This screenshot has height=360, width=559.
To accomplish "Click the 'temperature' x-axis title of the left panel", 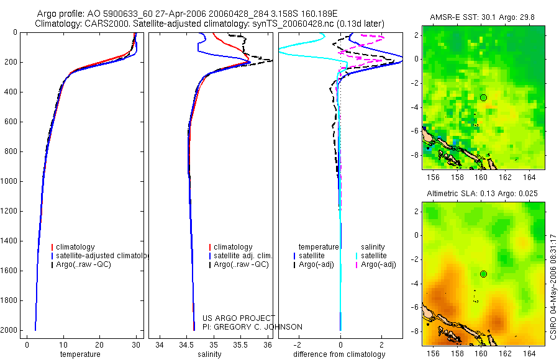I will tap(80, 354).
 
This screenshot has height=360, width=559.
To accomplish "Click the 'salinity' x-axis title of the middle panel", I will tap(208, 354).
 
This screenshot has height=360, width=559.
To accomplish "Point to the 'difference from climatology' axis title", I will tap(339, 354).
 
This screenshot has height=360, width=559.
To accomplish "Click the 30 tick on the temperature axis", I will tap(136, 344).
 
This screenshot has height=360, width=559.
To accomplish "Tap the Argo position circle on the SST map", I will tap(483, 97).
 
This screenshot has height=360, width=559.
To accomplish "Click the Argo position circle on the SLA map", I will tap(483, 274).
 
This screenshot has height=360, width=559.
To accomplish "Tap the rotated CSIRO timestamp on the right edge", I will tap(553, 286).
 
